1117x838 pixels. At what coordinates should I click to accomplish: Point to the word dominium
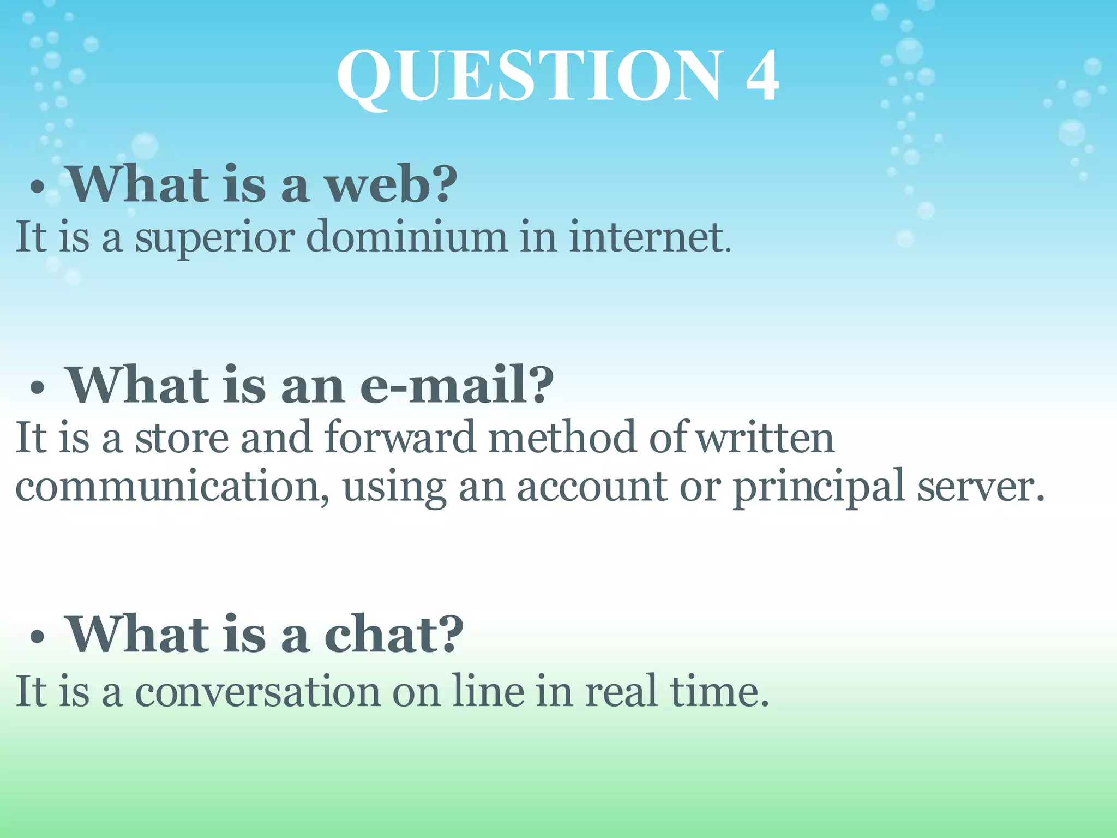(x=406, y=237)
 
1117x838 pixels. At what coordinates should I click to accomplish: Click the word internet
(x=647, y=237)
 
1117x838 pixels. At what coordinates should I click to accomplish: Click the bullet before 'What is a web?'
(x=37, y=188)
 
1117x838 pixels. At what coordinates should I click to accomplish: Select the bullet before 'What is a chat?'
(x=37, y=636)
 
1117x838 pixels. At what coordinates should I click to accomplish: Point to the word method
(x=562, y=438)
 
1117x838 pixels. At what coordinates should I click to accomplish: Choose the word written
(x=766, y=438)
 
